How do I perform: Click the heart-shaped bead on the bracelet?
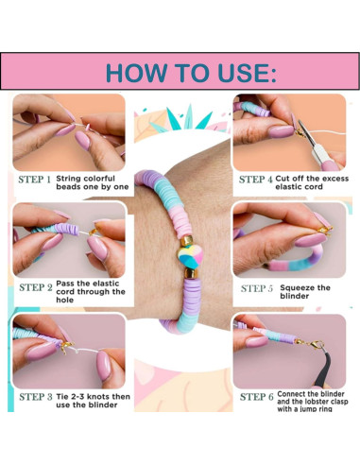190,256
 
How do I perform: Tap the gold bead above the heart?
186,241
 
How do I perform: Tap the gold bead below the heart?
191,273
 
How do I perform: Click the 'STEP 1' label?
34,180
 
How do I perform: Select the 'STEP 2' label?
36,287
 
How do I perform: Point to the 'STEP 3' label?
36,397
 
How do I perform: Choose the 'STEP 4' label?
256,180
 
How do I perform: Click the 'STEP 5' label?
257,288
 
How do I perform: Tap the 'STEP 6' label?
257,397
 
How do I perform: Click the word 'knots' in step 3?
98,397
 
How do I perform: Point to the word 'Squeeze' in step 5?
296,288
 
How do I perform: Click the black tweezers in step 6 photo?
323,369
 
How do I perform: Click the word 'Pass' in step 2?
65,284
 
